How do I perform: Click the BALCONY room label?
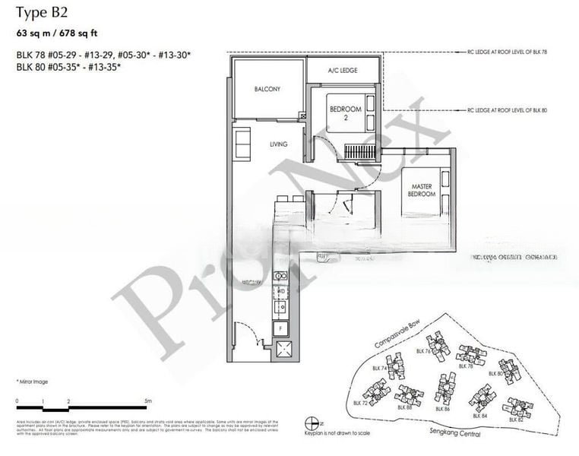pos(267,89)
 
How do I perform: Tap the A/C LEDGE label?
pos(343,70)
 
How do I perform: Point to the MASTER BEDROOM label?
pos(422,190)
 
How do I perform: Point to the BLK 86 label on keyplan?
pos(443,410)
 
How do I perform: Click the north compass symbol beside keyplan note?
pos(309,423)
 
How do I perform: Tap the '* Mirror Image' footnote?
pos(33,379)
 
